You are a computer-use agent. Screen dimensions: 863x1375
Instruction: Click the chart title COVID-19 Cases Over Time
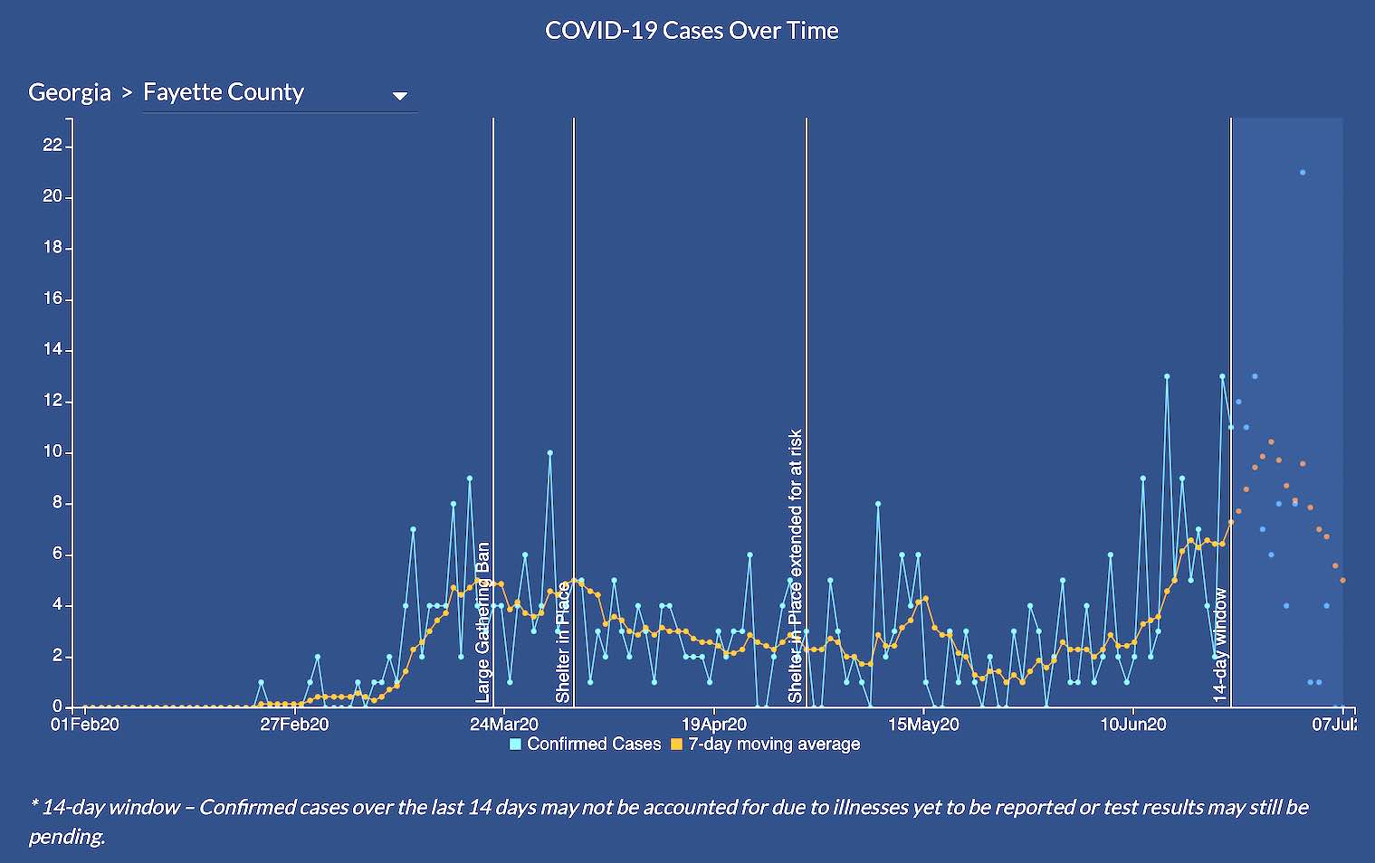click(x=692, y=31)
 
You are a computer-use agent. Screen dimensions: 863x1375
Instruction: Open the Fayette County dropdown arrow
click(x=399, y=96)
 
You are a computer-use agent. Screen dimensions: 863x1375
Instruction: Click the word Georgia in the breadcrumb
click(x=70, y=92)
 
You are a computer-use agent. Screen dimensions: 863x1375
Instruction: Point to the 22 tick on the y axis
click(x=53, y=145)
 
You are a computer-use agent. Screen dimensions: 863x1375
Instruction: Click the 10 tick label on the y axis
click(x=53, y=451)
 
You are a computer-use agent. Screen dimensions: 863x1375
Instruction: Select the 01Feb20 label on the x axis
click(x=85, y=725)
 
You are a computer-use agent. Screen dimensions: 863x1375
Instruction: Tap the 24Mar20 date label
click(x=504, y=725)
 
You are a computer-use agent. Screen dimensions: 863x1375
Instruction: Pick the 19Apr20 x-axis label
click(x=714, y=725)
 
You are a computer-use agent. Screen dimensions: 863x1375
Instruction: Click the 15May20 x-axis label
click(x=923, y=725)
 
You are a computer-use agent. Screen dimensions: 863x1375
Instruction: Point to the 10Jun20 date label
click(x=1133, y=725)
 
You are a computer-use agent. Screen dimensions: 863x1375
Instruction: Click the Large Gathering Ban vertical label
click(x=483, y=622)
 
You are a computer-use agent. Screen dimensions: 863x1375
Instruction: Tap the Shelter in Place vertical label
click(x=563, y=642)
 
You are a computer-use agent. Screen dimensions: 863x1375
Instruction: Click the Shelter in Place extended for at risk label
click(x=796, y=565)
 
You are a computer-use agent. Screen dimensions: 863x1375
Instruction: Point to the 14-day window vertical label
click(x=1220, y=645)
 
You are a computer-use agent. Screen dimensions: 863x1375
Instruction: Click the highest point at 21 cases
click(x=1303, y=172)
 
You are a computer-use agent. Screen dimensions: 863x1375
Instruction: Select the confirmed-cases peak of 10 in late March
click(x=549, y=452)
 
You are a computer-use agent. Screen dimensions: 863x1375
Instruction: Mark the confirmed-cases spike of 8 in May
click(x=878, y=503)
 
